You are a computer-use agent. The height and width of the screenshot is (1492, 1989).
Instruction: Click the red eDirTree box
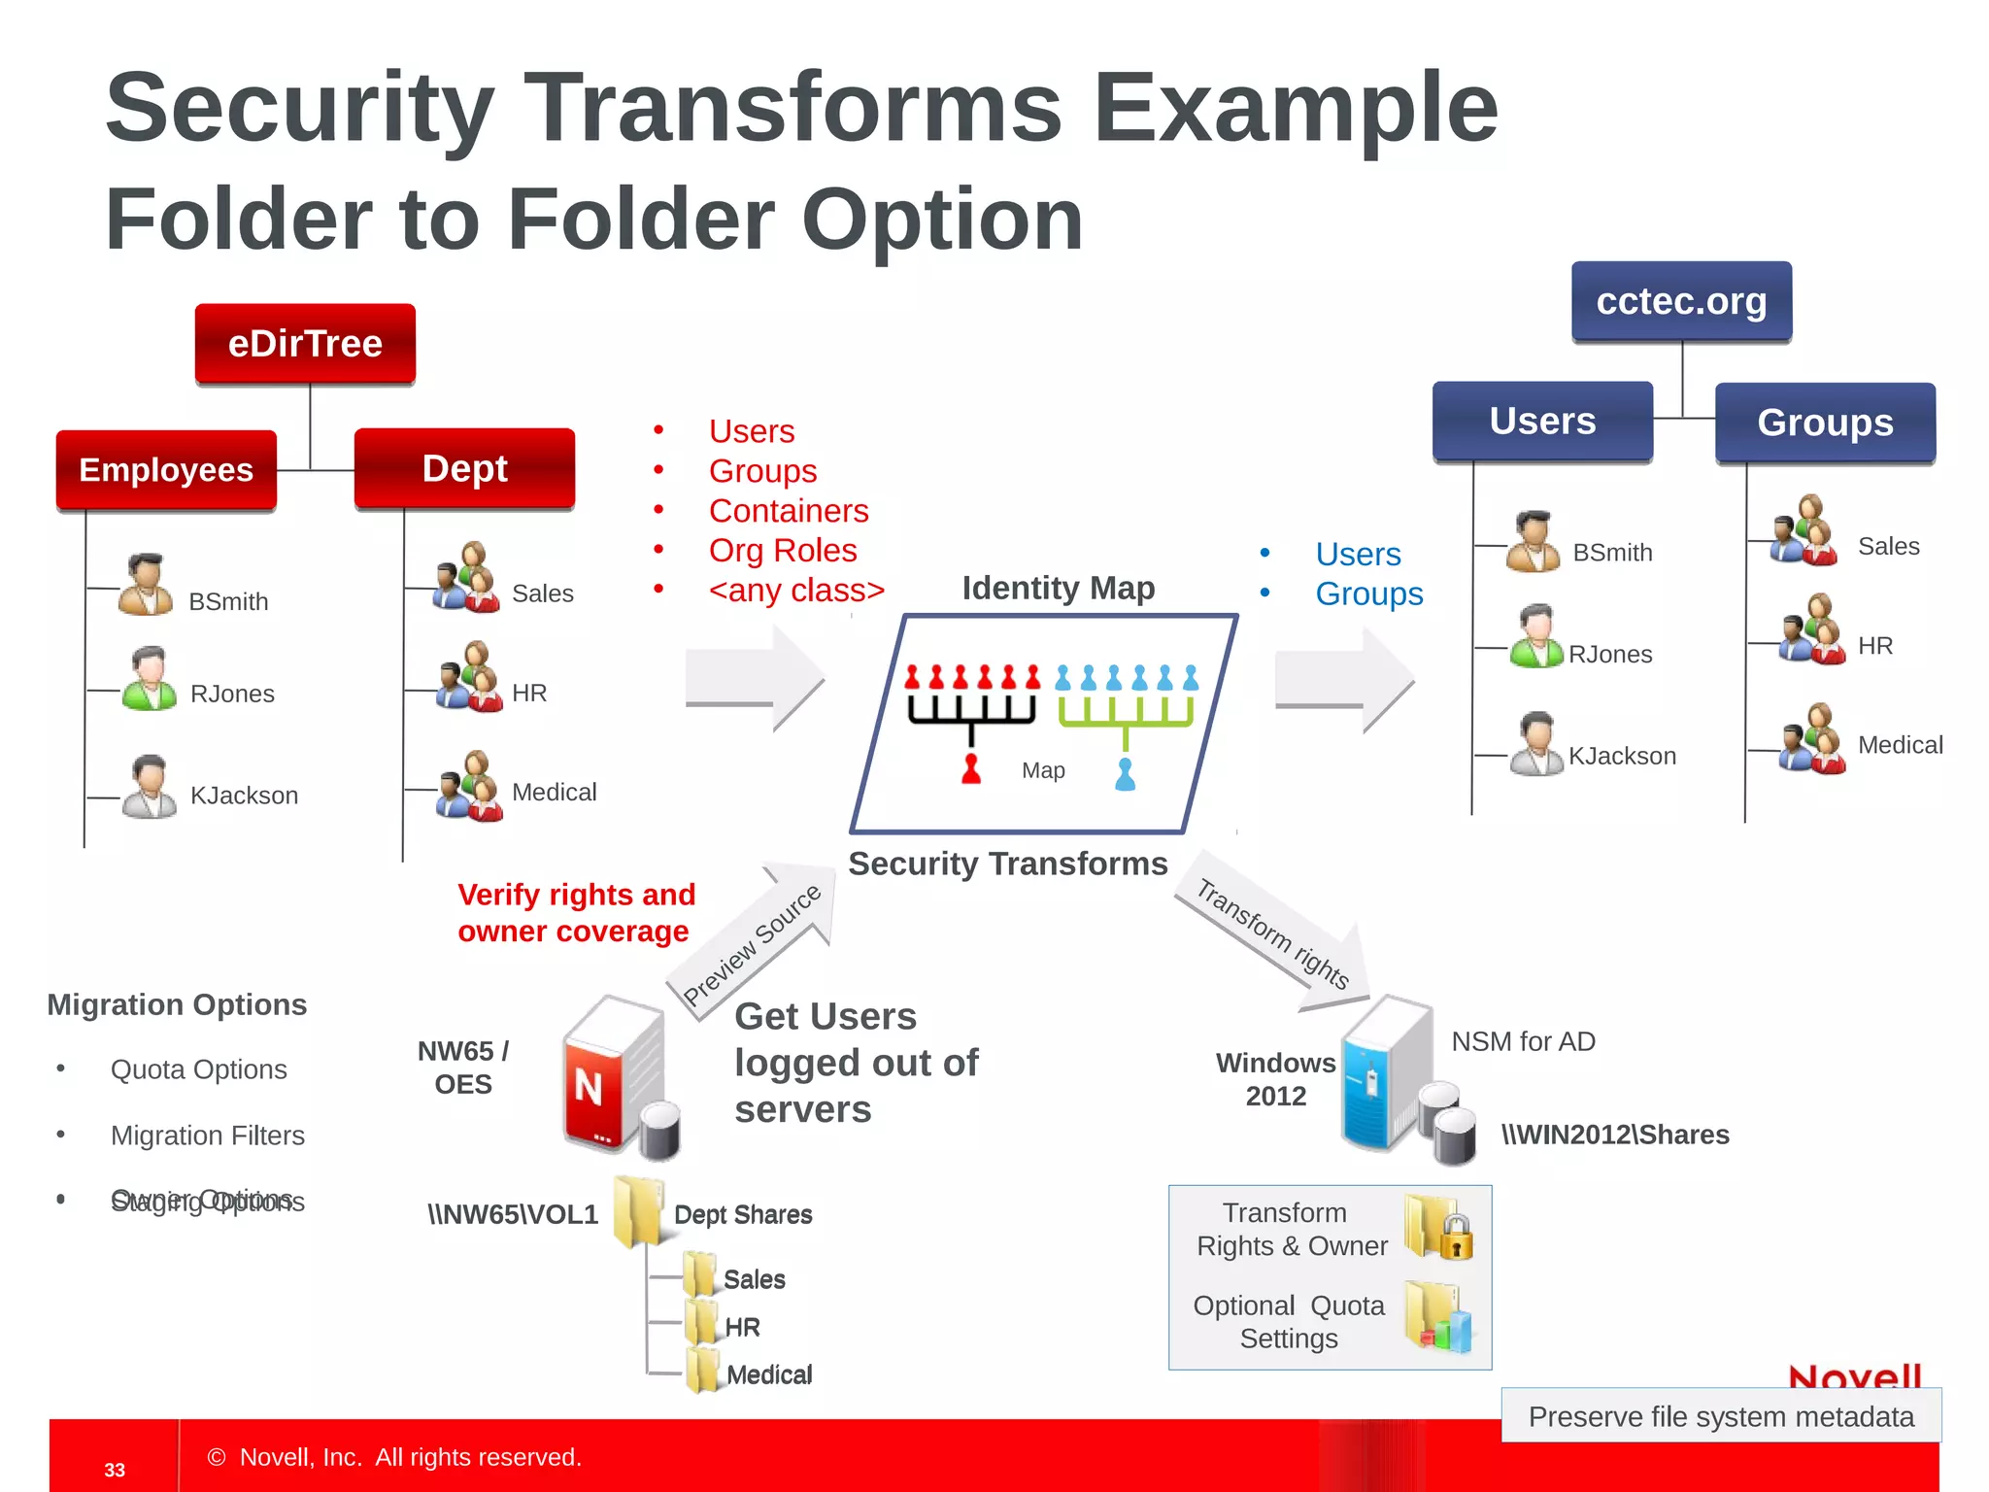tap(305, 344)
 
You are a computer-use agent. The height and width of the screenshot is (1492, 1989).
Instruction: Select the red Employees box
tap(166, 470)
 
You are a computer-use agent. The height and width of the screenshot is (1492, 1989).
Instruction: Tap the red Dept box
tap(464, 468)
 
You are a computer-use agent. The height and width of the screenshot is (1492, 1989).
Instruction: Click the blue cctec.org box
tap(1681, 301)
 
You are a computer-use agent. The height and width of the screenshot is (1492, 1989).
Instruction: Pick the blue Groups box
tap(1825, 423)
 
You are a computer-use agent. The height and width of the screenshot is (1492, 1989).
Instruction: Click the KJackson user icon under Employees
tap(149, 787)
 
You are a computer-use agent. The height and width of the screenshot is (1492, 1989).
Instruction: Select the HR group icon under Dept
tap(469, 678)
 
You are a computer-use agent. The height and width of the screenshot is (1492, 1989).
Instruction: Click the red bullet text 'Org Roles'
tap(783, 551)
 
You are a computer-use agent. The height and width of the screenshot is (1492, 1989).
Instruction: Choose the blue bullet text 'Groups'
tap(1368, 594)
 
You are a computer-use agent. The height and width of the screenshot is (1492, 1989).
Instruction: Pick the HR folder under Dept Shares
tap(701, 1325)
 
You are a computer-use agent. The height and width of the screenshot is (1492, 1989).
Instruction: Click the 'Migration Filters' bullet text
tap(207, 1136)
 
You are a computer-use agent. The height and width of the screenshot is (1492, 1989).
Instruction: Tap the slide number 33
tap(115, 1470)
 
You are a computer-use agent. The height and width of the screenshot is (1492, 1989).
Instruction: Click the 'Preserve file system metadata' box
tap(1721, 1416)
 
